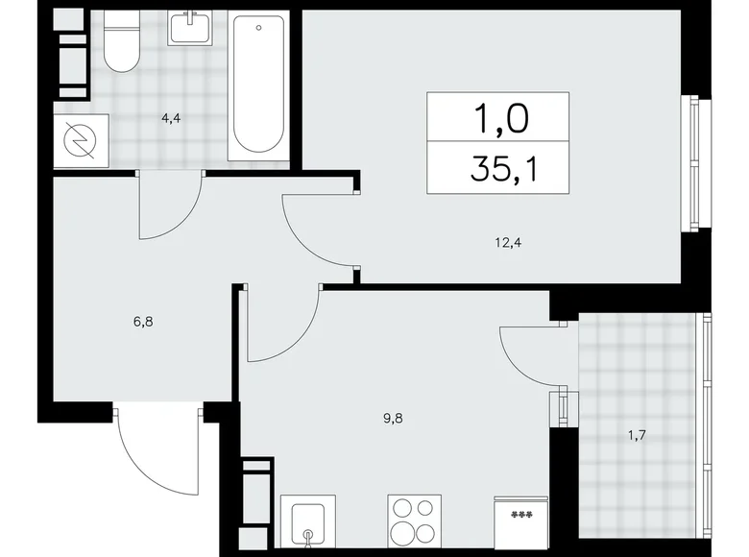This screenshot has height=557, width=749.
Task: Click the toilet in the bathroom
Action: coord(121,48)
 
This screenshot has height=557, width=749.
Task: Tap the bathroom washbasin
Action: coord(196,29)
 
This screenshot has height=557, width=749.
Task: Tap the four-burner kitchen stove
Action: coord(414,522)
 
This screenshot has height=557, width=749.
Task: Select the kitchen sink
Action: coord(308,528)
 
